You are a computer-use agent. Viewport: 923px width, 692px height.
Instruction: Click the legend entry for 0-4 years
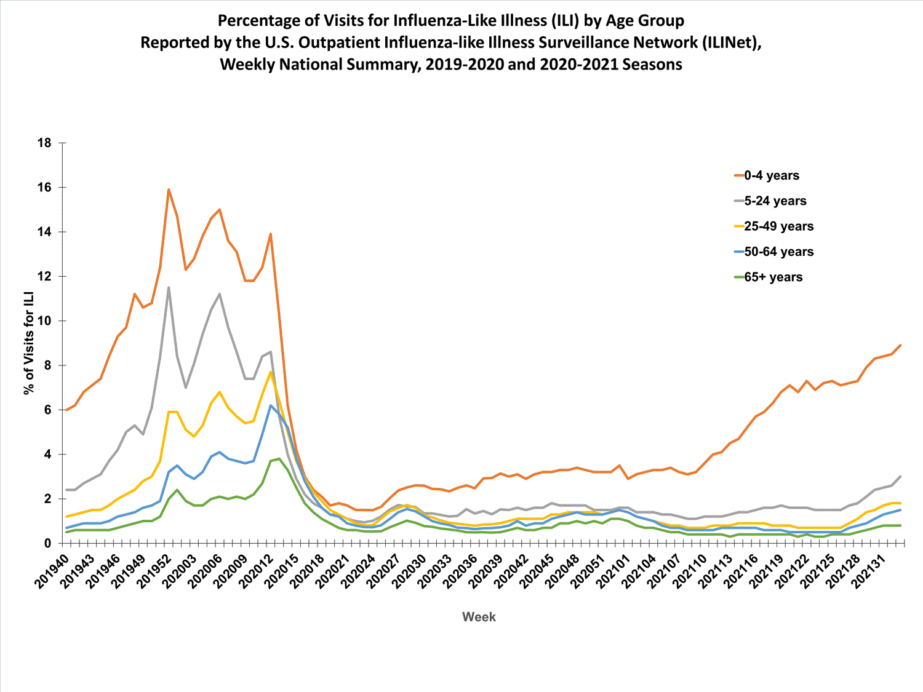771,175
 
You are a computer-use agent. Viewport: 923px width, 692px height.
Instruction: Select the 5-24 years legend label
775,201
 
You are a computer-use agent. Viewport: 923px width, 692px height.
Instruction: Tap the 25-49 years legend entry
778,226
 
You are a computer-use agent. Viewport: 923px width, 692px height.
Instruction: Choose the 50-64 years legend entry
778,252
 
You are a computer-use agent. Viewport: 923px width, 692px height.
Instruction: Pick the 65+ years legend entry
773,277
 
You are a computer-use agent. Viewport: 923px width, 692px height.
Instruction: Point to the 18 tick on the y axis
44,143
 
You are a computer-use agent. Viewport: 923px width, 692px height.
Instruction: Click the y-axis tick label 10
44,321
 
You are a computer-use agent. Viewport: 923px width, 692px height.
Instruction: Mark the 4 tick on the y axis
47,455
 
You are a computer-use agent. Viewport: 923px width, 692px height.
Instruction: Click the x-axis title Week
479,617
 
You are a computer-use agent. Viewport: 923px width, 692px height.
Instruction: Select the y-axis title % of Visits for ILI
29,344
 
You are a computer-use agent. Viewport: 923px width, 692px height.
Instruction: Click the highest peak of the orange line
169,189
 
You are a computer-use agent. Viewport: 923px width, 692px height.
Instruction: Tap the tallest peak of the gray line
169,287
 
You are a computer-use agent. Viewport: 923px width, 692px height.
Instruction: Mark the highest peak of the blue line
270,405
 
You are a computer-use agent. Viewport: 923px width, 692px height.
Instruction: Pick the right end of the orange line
900,345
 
